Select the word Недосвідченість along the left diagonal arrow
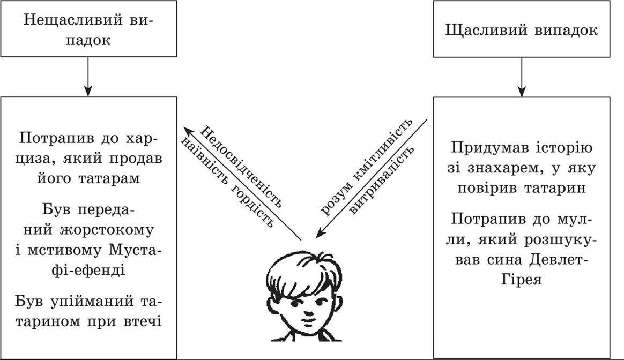tap(241, 167)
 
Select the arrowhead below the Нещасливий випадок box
tap(88, 91)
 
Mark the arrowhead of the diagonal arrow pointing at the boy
tap(319, 234)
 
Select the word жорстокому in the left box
tap(106, 230)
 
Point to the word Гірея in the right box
tap(521, 279)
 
